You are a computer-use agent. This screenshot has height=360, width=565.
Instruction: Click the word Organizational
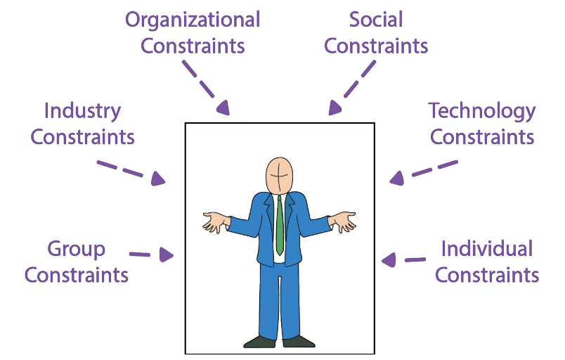193,20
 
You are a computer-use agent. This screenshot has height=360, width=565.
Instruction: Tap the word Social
376,20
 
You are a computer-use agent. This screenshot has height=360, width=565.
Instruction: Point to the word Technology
482,110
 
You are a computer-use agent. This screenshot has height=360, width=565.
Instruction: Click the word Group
76,249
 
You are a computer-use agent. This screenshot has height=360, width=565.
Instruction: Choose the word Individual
487,249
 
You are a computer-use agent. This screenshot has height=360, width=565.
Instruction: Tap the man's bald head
280,172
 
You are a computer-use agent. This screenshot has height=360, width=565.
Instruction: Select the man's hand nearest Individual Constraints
345,221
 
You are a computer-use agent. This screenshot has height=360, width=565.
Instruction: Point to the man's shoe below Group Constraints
259,342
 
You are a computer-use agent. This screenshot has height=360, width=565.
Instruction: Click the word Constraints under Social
376,46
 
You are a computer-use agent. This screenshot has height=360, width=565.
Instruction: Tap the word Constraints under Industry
82,136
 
